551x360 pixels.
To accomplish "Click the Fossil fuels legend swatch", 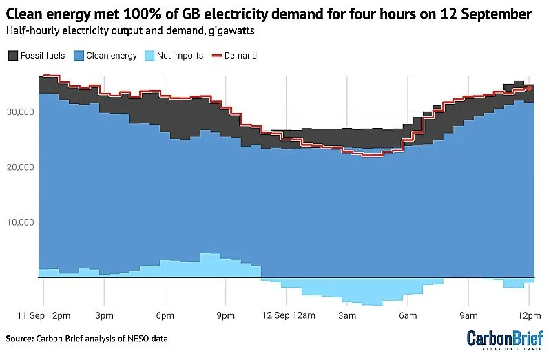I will click(13, 55).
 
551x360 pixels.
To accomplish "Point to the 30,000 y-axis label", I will click(21, 112).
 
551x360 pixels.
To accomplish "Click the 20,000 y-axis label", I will click(21, 167).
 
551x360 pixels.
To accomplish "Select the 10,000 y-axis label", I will click(21, 222).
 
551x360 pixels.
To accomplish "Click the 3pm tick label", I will click(104, 315).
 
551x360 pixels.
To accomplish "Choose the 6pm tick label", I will click(165, 315).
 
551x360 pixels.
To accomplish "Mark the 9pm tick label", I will click(225, 315).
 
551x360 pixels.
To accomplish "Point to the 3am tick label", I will click(346, 315).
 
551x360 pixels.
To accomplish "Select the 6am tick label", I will click(407, 315).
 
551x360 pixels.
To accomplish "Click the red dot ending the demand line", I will click(529, 88).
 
